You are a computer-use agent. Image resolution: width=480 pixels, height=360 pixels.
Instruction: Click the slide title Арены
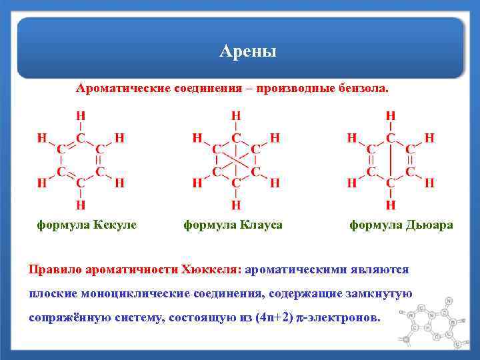pos(248,51)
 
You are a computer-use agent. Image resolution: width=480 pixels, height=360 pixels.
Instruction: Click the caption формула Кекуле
pos(87,225)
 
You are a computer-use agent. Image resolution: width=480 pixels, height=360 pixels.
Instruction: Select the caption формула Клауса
pos(233,225)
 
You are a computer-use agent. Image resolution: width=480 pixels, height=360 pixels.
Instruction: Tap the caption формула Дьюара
pos(401,225)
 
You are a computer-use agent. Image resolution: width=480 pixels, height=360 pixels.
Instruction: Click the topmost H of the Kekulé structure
pos(80,115)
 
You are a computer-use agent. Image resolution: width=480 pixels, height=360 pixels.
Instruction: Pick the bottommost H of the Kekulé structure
pos(80,203)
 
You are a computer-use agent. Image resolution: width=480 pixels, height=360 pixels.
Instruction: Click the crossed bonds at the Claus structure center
pos(236,160)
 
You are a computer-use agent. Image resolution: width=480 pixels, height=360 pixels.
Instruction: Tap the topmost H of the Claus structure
pos(236,115)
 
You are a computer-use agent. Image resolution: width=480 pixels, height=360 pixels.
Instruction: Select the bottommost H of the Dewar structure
pos(391,203)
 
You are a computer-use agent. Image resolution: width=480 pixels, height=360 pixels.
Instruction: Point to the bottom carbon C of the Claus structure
pos(236,182)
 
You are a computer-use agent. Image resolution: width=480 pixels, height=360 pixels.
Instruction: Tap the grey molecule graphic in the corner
pos(433,323)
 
